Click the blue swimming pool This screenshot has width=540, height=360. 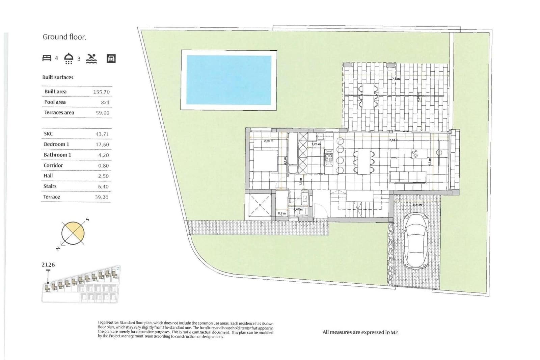click(229, 80)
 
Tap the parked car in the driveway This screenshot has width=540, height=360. click(416, 240)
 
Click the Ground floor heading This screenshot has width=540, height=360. click(64, 37)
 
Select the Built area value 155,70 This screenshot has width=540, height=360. click(101, 92)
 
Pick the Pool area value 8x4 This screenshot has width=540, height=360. click(105, 102)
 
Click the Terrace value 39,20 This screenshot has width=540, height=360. click(102, 197)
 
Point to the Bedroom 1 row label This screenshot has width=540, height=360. click(56, 144)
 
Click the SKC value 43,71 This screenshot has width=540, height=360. click(102, 134)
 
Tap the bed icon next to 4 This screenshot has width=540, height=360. click(47, 58)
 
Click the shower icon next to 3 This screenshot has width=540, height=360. click(69, 58)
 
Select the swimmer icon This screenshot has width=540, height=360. click(91, 58)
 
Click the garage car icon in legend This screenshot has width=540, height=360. click(111, 58)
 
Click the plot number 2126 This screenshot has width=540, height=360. click(48, 264)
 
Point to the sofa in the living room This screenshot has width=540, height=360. click(408, 177)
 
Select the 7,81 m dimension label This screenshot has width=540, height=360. click(394, 140)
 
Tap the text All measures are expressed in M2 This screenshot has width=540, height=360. click(361, 332)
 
